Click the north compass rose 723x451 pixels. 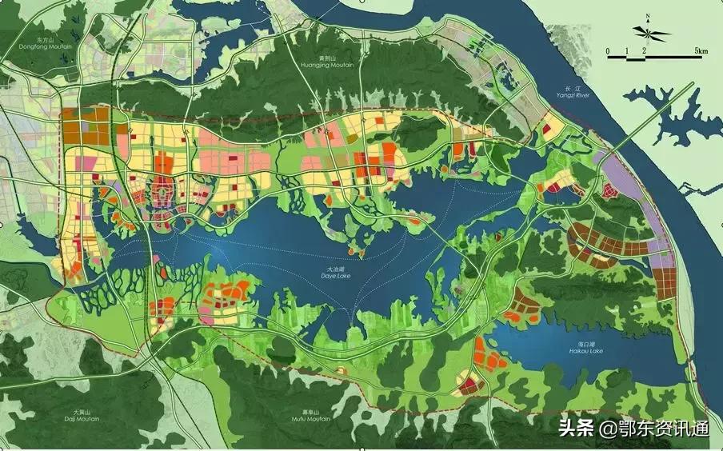pos(651,33)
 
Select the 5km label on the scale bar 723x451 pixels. pos(701,51)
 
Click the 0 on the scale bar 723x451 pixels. pos(608,51)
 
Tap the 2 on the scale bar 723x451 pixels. pos(644,51)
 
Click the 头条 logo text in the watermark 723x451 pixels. pos(576,428)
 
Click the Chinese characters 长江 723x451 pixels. pos(571,88)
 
